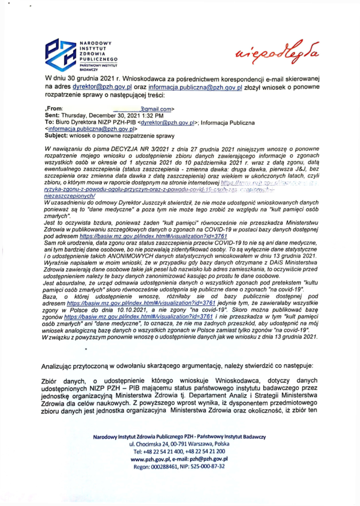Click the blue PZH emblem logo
61,54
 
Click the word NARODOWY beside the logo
97,42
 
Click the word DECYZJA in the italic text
123,149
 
